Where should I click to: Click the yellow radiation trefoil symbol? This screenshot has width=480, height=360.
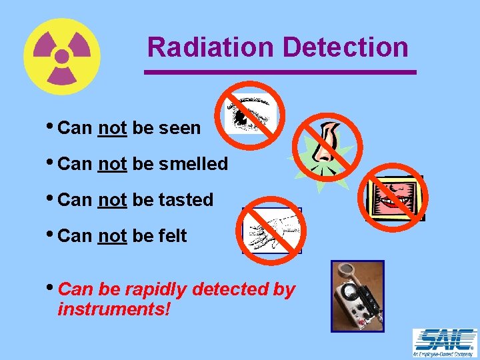[x=61, y=56]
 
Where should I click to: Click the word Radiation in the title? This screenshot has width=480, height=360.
[x=210, y=47]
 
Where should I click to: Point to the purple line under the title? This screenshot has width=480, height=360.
[x=280, y=71]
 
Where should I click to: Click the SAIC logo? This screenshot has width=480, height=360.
[x=445, y=343]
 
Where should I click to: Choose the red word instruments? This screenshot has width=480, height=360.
[x=114, y=309]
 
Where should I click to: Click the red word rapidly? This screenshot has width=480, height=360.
[x=157, y=290]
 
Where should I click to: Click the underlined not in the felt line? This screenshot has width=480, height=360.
[x=112, y=236]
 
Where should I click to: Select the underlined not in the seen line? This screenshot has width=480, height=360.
[x=112, y=128]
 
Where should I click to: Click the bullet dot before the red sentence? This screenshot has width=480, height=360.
[x=52, y=288]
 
